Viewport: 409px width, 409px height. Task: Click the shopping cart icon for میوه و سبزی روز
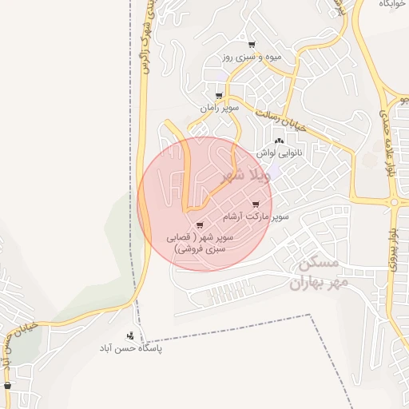pos(252,45)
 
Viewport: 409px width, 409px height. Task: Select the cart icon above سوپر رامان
pos(219,96)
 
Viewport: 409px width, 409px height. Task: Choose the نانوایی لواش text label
pos(280,151)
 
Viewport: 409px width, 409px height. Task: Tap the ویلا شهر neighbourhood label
pos(239,174)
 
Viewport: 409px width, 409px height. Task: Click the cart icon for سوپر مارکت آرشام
pos(255,205)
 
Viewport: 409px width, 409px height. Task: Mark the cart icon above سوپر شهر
pos(199,225)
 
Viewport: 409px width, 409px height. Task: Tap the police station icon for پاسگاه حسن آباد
pos(131,336)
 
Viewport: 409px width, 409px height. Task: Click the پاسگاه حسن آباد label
pos(131,349)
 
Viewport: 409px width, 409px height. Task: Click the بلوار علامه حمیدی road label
pos(390,152)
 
